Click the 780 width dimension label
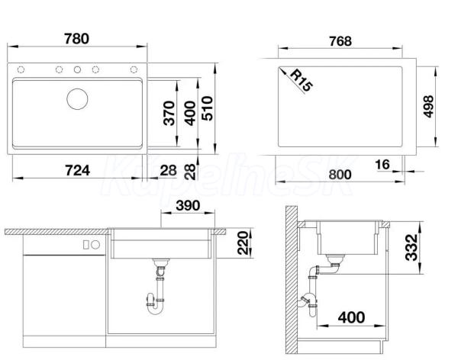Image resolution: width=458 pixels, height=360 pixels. tap(76, 39)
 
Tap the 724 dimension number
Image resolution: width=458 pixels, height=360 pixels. tap(77, 171)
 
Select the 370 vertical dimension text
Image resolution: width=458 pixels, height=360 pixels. tap(169, 114)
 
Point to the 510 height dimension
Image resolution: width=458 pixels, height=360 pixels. tap(208, 108)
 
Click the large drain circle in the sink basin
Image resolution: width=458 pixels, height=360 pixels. tap(77, 99)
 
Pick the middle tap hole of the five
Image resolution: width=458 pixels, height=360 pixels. tap(77, 69)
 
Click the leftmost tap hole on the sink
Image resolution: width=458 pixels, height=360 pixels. tap(21, 69)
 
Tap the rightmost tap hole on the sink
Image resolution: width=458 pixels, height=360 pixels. tap(134, 69)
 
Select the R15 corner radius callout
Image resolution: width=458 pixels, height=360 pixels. tap(302, 80)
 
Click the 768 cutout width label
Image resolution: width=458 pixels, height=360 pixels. tap(340, 41)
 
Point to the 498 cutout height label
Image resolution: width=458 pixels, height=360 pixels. tap(428, 106)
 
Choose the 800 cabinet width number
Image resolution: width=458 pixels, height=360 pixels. tap(340, 175)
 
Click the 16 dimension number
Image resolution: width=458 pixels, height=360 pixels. tap(382, 165)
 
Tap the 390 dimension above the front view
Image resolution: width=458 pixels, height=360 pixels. tap(188, 205)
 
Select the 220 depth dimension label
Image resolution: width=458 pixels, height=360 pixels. tap(243, 243)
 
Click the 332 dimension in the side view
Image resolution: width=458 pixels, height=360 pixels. tap(411, 247)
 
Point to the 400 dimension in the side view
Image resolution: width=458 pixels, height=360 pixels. tap(351, 317)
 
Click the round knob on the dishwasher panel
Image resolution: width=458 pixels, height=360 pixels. tap(95, 245)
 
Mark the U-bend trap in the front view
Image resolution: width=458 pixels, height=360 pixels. tap(155, 305)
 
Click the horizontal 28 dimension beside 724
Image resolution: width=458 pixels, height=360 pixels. tap(168, 171)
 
